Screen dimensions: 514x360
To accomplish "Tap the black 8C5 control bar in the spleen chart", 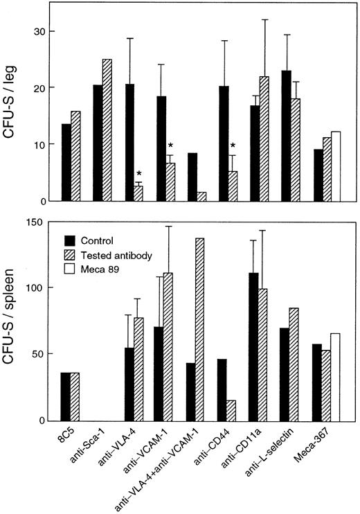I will [66, 396].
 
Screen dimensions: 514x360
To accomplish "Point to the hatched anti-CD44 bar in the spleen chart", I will [233, 410].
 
